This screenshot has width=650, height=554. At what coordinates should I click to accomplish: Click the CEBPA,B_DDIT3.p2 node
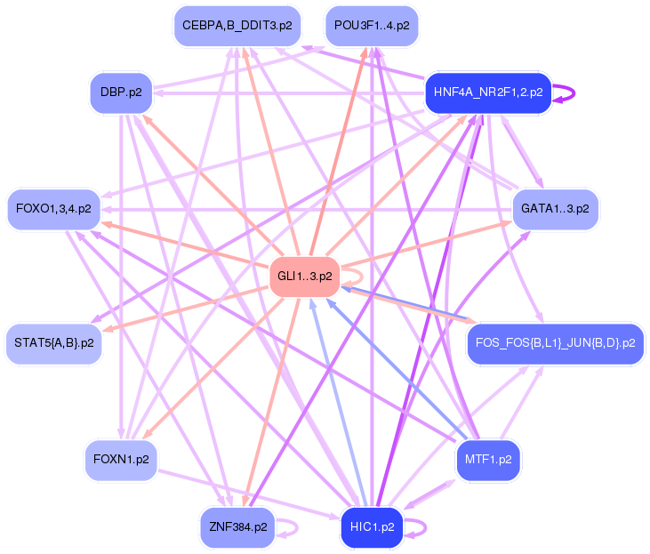(x=237, y=25)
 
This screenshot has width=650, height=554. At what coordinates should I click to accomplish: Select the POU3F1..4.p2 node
(x=372, y=25)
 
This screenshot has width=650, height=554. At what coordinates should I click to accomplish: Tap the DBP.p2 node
(x=121, y=92)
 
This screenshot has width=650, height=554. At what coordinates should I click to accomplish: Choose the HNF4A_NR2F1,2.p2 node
(x=488, y=92)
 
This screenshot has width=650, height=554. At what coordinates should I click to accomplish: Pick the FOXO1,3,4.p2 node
(x=53, y=210)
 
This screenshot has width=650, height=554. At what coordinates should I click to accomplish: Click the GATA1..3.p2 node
(x=556, y=210)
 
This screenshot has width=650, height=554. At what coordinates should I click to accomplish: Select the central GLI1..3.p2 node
(x=305, y=277)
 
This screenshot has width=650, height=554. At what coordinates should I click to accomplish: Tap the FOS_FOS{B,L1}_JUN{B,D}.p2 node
(x=556, y=343)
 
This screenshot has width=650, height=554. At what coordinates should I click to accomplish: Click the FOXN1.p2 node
(x=121, y=461)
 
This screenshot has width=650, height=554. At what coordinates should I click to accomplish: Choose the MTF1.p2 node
(x=488, y=461)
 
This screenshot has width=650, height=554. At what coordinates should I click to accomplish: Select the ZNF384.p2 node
(x=237, y=527)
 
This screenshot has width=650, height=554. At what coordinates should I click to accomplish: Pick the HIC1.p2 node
(x=372, y=527)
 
